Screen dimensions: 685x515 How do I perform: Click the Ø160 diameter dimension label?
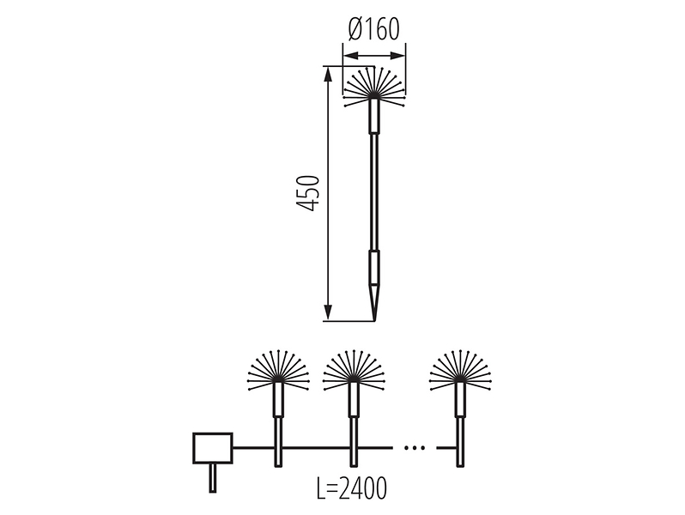coord(374,30)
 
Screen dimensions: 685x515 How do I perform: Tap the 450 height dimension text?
coord(307,193)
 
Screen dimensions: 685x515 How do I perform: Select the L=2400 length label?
coord(351,488)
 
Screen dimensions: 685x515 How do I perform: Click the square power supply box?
coord(213,448)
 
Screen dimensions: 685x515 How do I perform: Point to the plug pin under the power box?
coord(213,478)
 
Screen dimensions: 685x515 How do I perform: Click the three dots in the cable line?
coord(414,448)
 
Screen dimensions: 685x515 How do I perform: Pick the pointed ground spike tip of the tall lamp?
coord(374,319)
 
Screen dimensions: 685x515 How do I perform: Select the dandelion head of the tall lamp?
coord(374,87)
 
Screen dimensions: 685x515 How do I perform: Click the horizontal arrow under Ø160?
coord(374,56)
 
